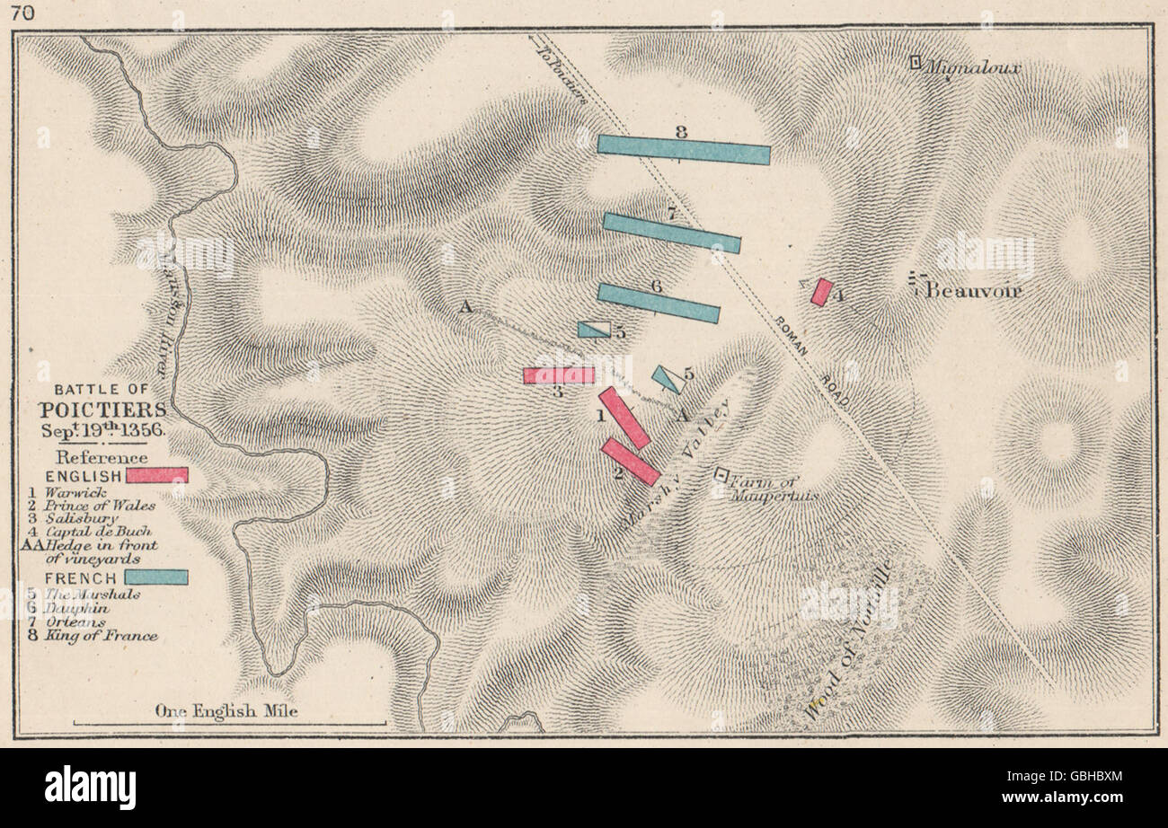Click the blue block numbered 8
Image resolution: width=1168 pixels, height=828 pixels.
pyautogui.click(x=683, y=150)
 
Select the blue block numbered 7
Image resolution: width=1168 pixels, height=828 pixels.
pyautogui.click(x=671, y=233)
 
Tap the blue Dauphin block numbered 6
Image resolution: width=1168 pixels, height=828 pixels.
pyautogui.click(x=658, y=303)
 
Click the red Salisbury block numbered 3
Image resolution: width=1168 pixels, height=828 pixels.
pyautogui.click(x=559, y=375)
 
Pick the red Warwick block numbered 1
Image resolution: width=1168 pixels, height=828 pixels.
pyautogui.click(x=624, y=418)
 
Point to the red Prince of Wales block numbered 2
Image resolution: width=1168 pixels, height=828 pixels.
pyautogui.click(x=631, y=462)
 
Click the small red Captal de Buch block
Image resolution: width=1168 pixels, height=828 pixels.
pyautogui.click(x=821, y=292)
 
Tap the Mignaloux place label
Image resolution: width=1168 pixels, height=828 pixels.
pyautogui.click(x=974, y=67)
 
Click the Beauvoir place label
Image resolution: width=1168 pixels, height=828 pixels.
pyautogui.click(x=974, y=291)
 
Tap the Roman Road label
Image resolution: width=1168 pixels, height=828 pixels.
pyautogui.click(x=812, y=355)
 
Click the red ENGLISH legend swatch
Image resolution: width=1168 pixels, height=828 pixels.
pyautogui.click(x=157, y=475)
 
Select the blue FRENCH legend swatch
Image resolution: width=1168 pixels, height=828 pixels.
pyautogui.click(x=156, y=577)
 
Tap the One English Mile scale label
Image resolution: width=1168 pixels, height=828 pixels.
pyautogui.click(x=226, y=710)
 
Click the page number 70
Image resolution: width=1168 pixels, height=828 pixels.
pyautogui.click(x=16, y=13)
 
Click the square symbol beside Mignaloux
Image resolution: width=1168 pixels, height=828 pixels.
pyautogui.click(x=915, y=62)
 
